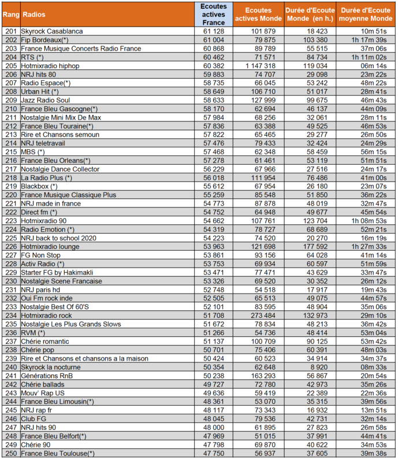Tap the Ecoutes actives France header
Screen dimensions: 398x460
tap(213, 14)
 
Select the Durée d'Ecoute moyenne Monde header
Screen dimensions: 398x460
tap(364, 14)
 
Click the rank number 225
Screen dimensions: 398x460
tap(10, 238)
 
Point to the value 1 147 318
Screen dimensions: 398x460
tap(263, 66)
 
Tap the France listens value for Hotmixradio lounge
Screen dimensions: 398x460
tap(213, 247)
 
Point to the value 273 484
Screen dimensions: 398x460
tap(263, 316)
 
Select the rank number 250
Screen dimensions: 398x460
tap(10, 454)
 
